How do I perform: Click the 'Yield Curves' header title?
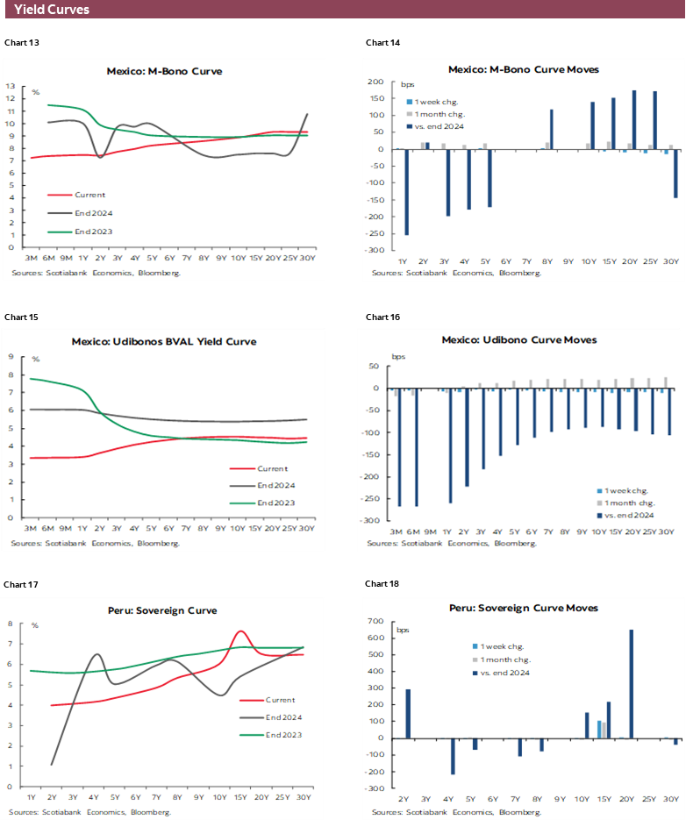52,11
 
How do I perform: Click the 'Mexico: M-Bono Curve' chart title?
164,71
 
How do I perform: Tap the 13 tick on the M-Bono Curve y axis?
10,86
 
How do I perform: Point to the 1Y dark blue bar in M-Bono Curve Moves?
406,192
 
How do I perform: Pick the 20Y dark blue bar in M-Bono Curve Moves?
633,120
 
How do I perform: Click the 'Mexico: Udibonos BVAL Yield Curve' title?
164,341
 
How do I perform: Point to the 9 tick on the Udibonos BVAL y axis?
10,357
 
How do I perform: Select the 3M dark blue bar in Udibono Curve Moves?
400,447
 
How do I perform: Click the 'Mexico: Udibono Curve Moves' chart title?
519,339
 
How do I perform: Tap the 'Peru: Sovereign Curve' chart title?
164,610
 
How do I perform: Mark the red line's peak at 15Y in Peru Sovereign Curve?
240,631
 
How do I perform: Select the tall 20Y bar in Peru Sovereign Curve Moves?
632,684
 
